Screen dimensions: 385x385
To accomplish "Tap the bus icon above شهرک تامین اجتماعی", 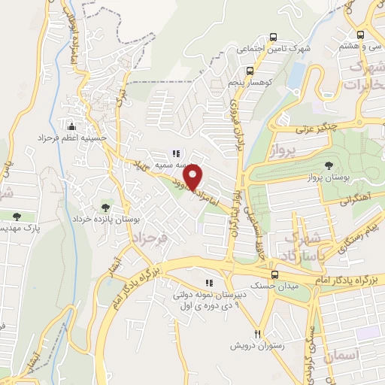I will (x=273, y=38).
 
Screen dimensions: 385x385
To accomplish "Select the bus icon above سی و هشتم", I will (x=360, y=35).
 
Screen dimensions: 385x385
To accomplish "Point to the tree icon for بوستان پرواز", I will (x=328, y=165).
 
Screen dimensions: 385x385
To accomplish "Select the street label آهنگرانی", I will (x=356, y=201).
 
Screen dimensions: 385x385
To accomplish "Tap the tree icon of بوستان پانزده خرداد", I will (x=105, y=207).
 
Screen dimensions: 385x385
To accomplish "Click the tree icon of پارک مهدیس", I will (x=17, y=216).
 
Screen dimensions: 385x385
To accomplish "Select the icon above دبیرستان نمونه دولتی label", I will (x=209, y=283).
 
